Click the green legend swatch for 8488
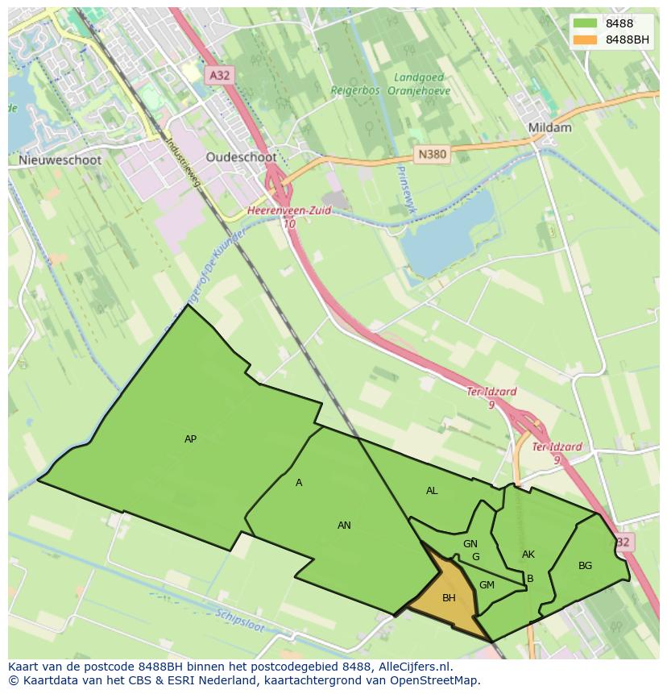pos(586,23)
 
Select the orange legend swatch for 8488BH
pos(586,39)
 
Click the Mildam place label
pos(549,127)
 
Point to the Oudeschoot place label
pos(241,157)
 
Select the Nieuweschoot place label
pos(60,160)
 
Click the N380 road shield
pos(432,154)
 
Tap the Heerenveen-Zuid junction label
pos(289,211)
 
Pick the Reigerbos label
pos(355,91)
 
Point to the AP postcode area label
pos(190,439)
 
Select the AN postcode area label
pos(344,526)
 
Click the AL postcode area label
pos(432,491)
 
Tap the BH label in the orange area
pos(449,598)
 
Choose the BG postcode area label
pos(585,566)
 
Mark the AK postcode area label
pos(528,555)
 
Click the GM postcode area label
pos(487,585)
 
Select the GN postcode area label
pos(470,544)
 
